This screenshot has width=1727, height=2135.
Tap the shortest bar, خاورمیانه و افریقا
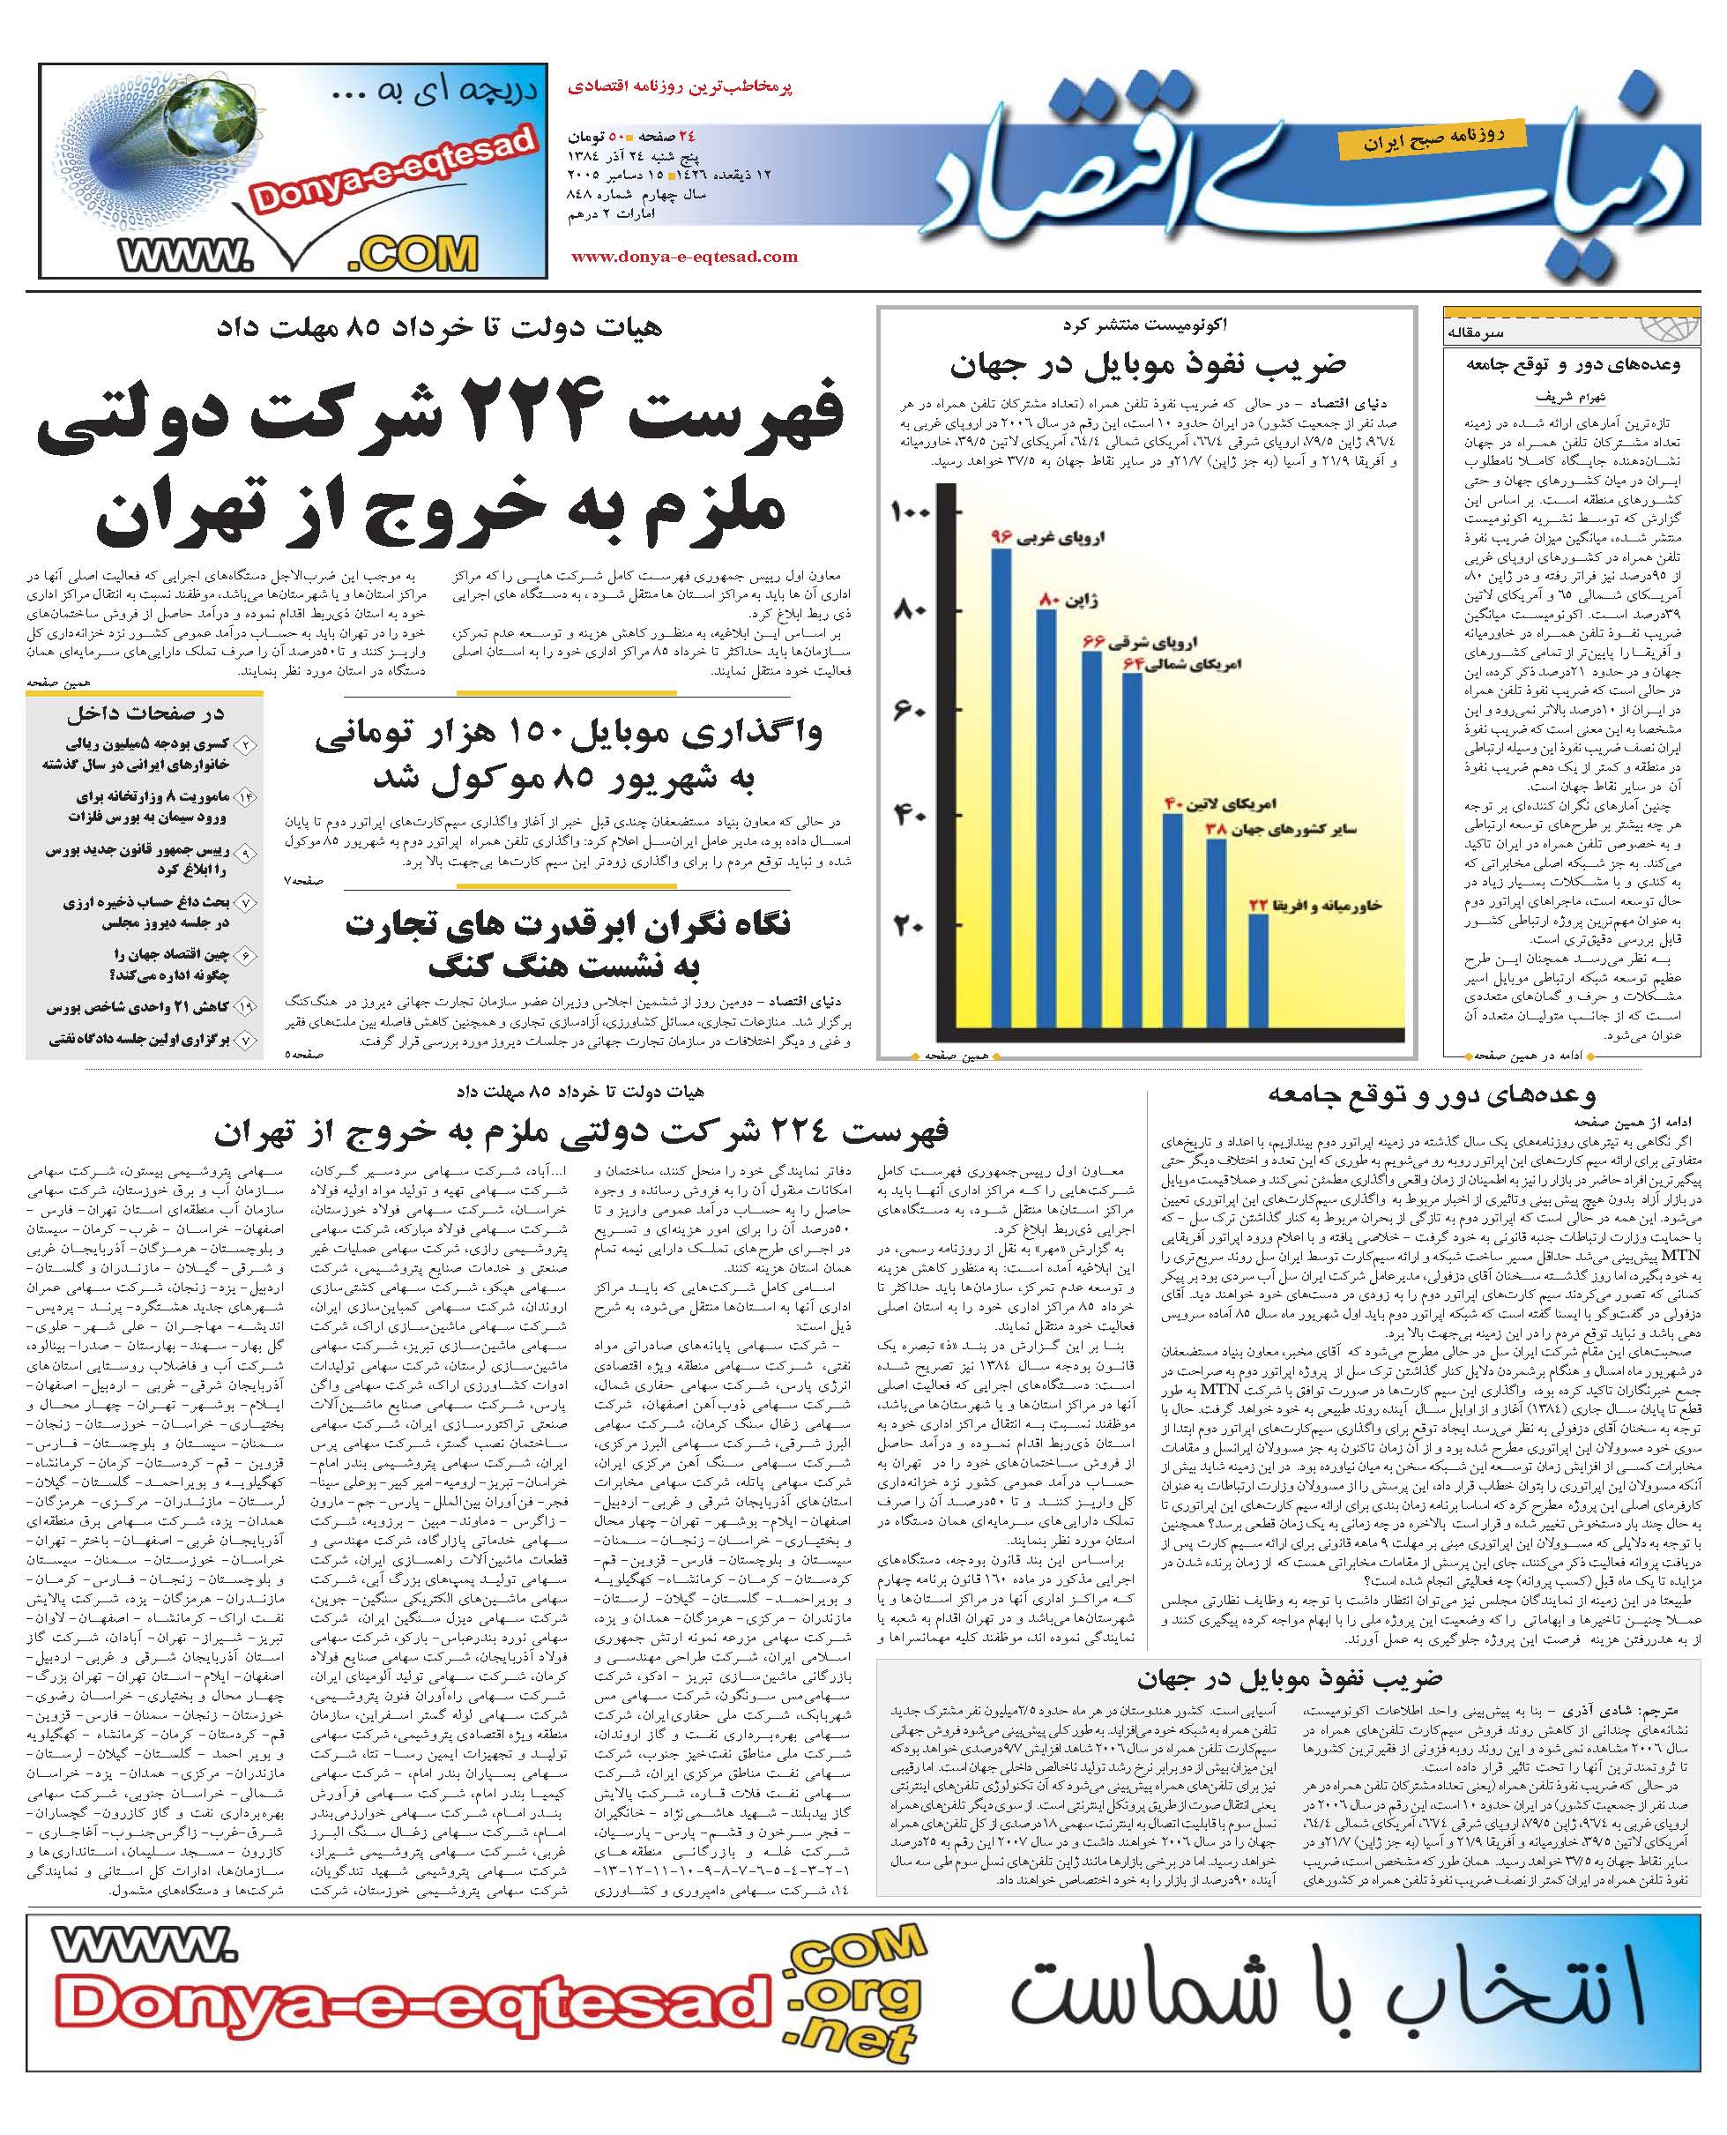pyautogui.click(x=1258, y=970)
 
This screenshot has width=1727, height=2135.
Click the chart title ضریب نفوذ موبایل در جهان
pyautogui.click(x=1147, y=365)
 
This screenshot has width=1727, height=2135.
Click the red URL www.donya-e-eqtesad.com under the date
pyautogui.click(x=683, y=257)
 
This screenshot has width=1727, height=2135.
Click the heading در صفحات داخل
pyautogui.click(x=145, y=713)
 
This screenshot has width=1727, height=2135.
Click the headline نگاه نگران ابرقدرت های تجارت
pyautogui.click(x=567, y=926)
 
